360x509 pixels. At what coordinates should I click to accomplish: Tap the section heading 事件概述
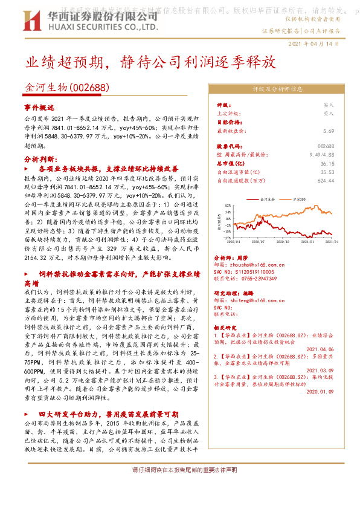[x=39, y=106]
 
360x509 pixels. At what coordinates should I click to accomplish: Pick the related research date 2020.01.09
[x=321, y=391]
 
